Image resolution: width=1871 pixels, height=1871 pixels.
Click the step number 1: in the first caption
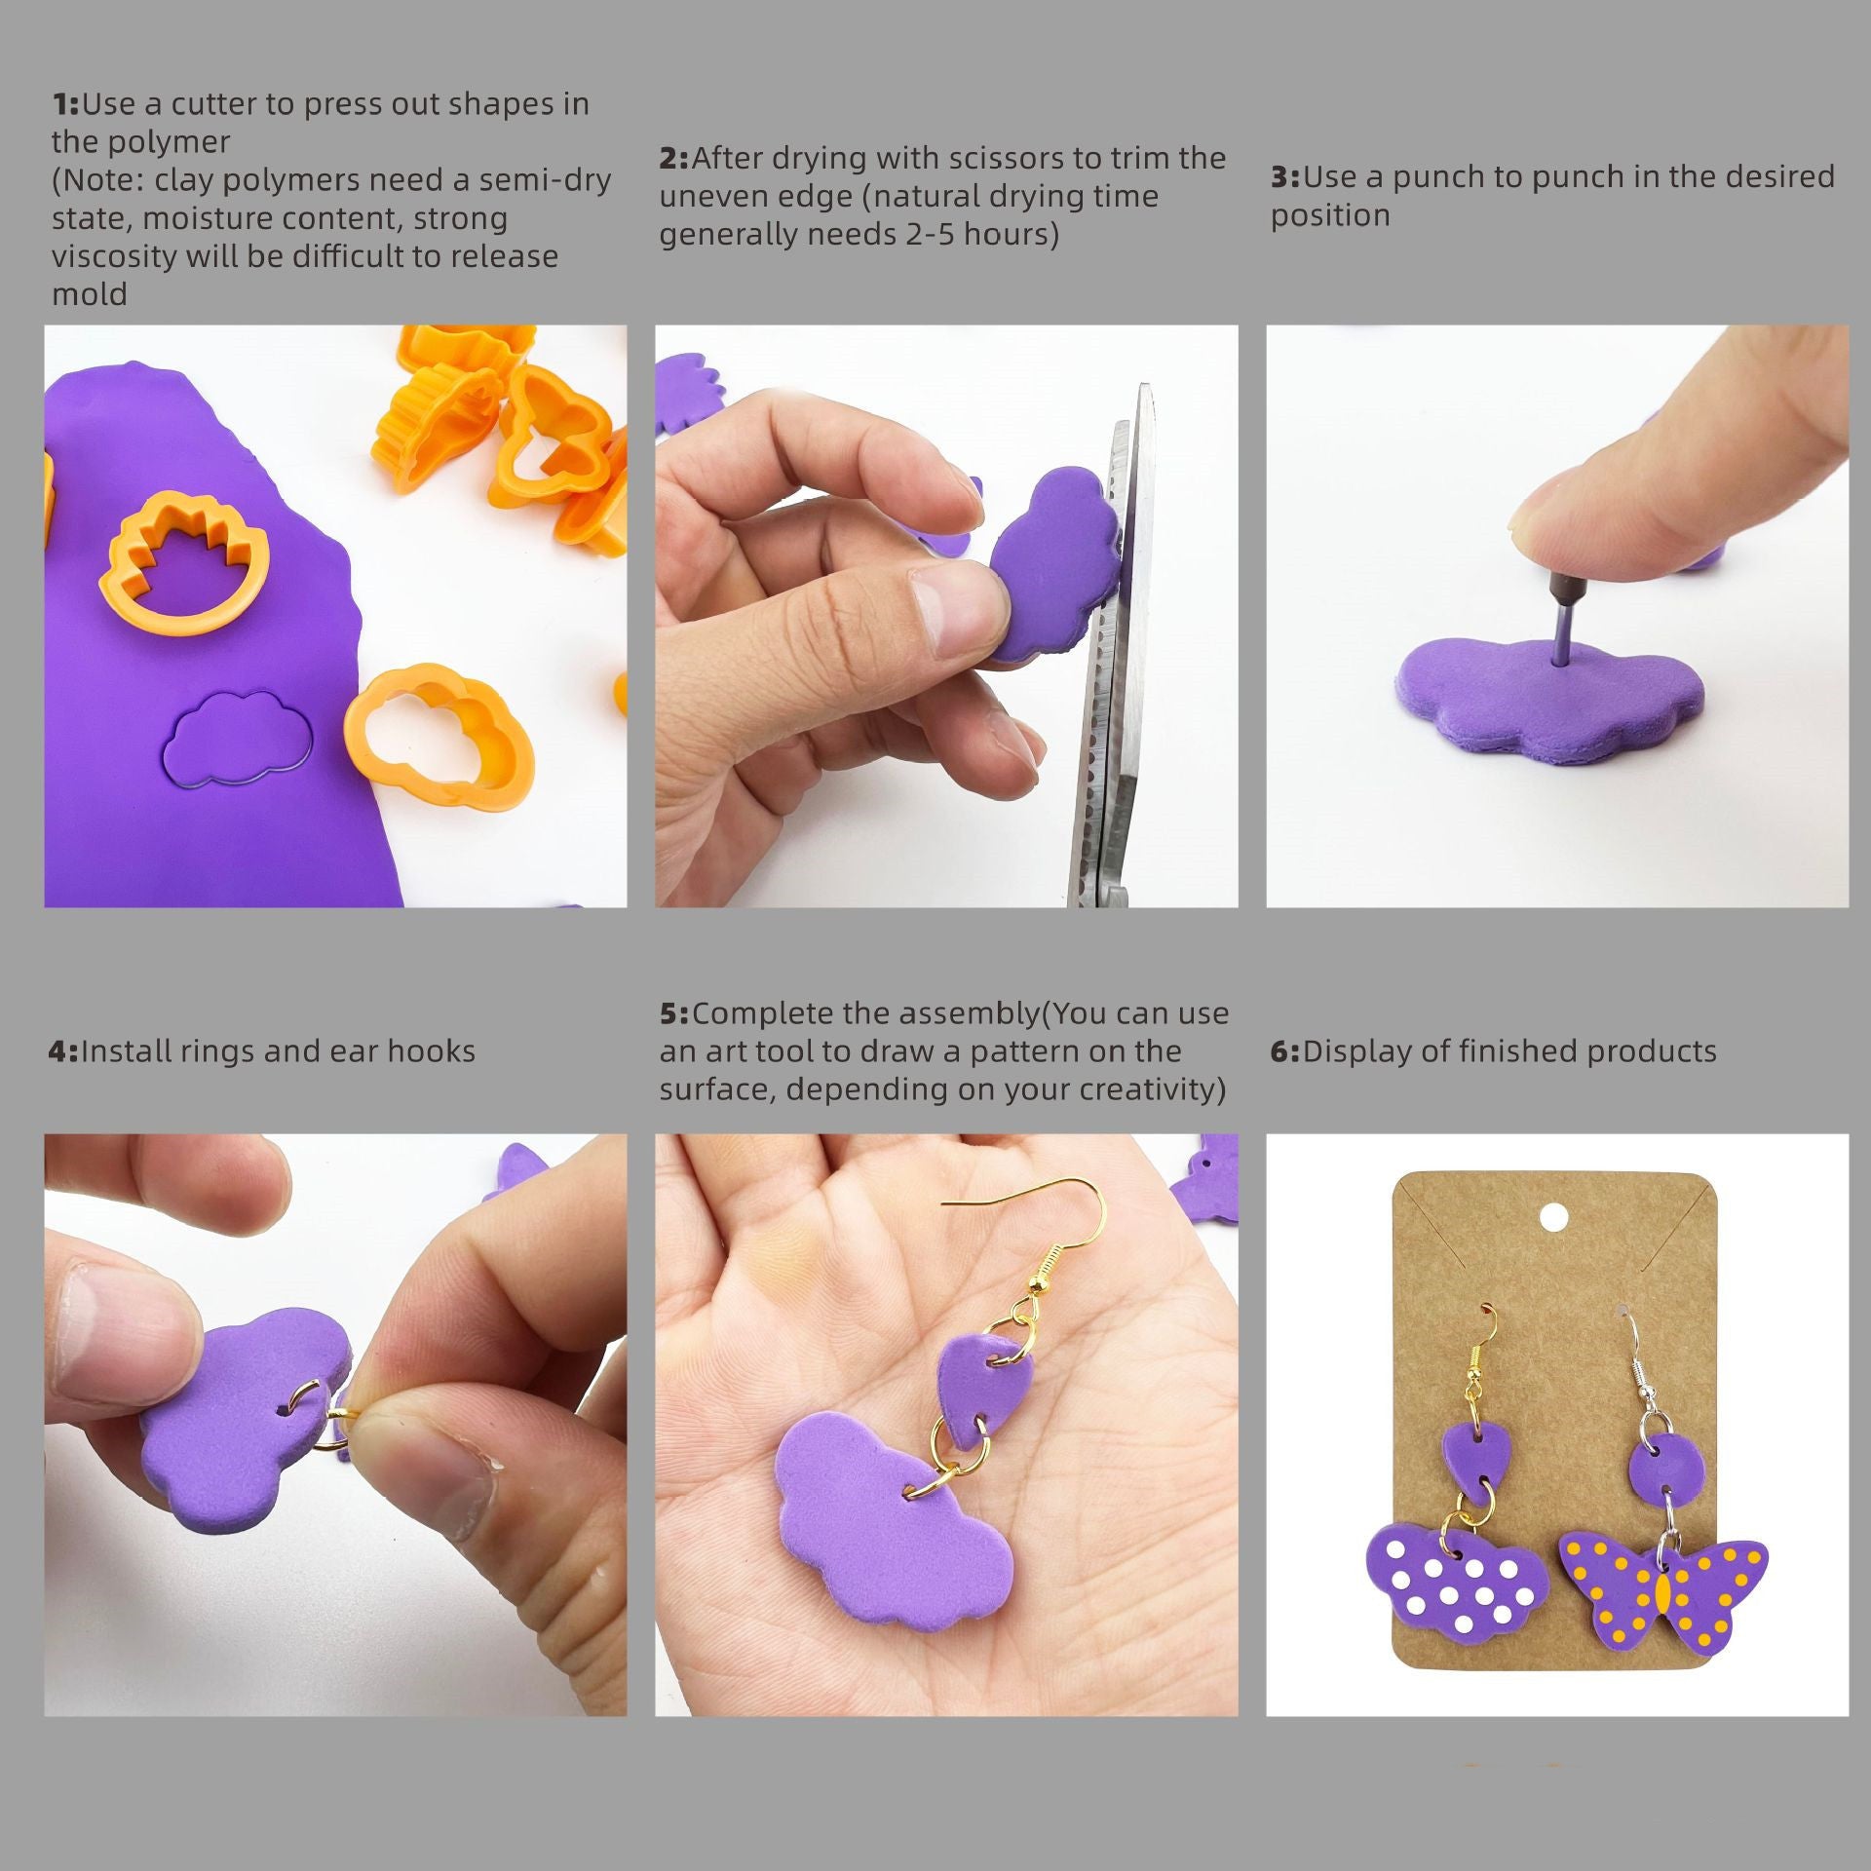point(65,104)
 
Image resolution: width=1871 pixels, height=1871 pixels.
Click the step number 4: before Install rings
point(62,1051)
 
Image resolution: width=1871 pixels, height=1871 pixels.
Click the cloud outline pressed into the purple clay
point(237,738)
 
